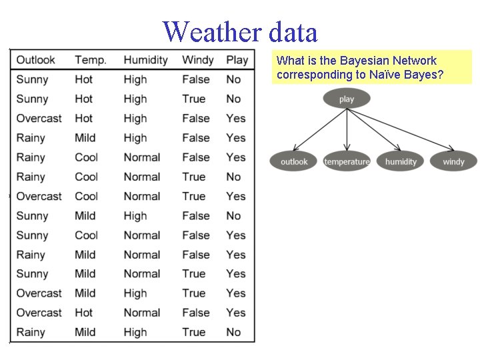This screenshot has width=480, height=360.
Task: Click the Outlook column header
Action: pyautogui.click(x=35, y=60)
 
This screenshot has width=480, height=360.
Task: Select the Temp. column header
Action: pyautogui.click(x=90, y=60)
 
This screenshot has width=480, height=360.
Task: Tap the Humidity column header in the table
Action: pyautogui.click(x=145, y=60)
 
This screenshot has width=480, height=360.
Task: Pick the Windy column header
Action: pyautogui.click(x=197, y=60)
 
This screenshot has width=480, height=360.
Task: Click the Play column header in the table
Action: pyautogui.click(x=237, y=60)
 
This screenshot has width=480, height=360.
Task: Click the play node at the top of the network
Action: pyautogui.click(x=347, y=99)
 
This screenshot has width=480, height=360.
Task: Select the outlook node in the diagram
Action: pyautogui.click(x=294, y=161)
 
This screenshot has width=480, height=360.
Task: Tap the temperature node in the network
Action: pyautogui.click(x=347, y=161)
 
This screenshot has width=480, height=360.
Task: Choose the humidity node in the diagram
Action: pyautogui.click(x=401, y=161)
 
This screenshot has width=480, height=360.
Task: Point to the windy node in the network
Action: pyautogui.click(x=453, y=161)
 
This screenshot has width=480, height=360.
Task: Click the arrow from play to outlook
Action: pyautogui.click(x=318, y=131)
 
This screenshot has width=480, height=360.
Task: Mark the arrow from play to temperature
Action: pyautogui.click(x=347, y=130)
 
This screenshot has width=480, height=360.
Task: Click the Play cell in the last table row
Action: pyautogui.click(x=233, y=332)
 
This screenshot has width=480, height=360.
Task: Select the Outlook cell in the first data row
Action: pyautogui.click(x=32, y=80)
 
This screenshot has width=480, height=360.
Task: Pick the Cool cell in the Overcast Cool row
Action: pyautogui.click(x=86, y=197)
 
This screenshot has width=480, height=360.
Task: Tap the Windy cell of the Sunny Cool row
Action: pyautogui.click(x=195, y=235)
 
